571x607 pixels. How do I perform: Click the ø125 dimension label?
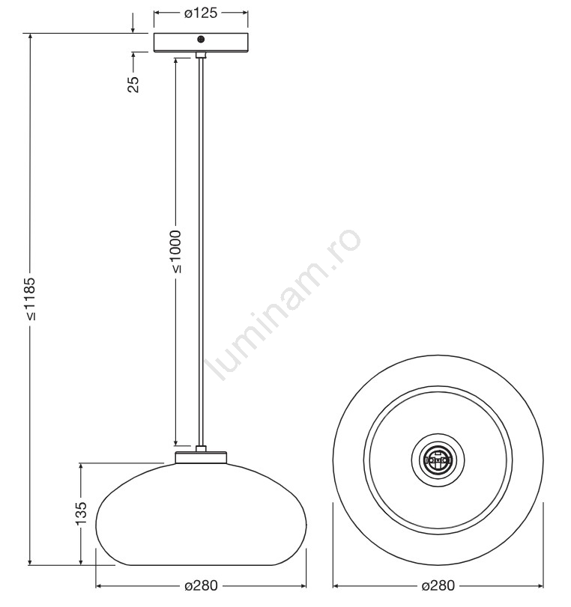[x=200, y=13]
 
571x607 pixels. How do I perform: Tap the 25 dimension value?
[x=133, y=84]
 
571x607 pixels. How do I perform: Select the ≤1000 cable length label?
[x=175, y=251]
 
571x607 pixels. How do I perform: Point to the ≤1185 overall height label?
[x=30, y=299]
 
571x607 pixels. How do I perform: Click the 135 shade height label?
[x=81, y=513]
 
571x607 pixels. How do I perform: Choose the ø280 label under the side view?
[x=201, y=585]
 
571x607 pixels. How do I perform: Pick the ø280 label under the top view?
[x=438, y=585]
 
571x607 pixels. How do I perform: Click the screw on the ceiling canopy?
[x=201, y=39]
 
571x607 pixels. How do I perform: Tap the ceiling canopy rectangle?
[x=201, y=43]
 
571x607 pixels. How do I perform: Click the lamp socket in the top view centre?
[x=438, y=460]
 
